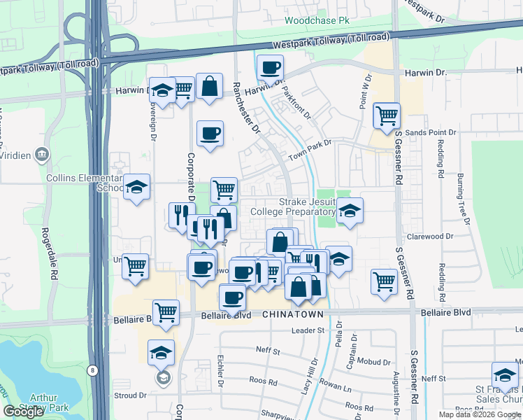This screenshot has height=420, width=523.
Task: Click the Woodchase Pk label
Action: click(317, 20)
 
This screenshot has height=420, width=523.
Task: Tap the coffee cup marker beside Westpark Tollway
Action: click(270, 69)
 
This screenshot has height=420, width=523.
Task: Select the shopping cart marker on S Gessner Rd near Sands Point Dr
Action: click(386, 115)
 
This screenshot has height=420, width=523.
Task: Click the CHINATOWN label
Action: click(293, 316)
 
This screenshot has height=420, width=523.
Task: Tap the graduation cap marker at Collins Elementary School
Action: click(137, 187)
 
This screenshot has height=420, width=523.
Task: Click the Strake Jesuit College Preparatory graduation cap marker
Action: click(350, 211)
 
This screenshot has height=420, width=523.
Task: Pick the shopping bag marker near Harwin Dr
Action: click(209, 87)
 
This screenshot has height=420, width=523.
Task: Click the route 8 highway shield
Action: click(93, 370)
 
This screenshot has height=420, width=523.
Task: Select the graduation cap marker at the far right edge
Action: click(505, 374)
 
